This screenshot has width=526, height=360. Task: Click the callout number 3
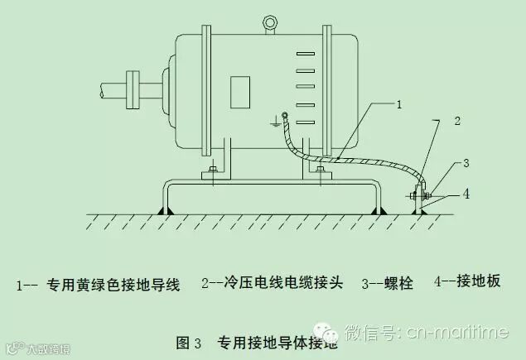[466, 162]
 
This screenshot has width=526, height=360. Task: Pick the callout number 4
[467, 194]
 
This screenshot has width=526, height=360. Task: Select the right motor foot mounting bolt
[321, 171]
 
